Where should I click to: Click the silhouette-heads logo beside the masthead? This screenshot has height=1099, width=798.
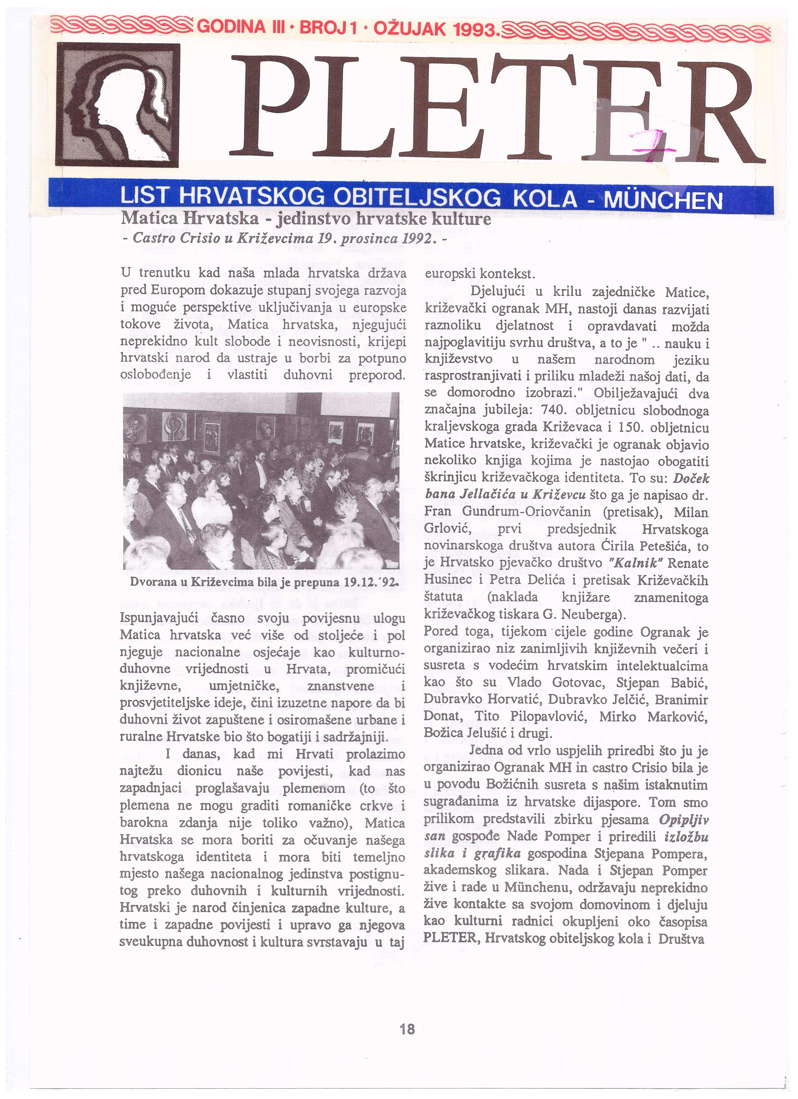[x=118, y=105]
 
